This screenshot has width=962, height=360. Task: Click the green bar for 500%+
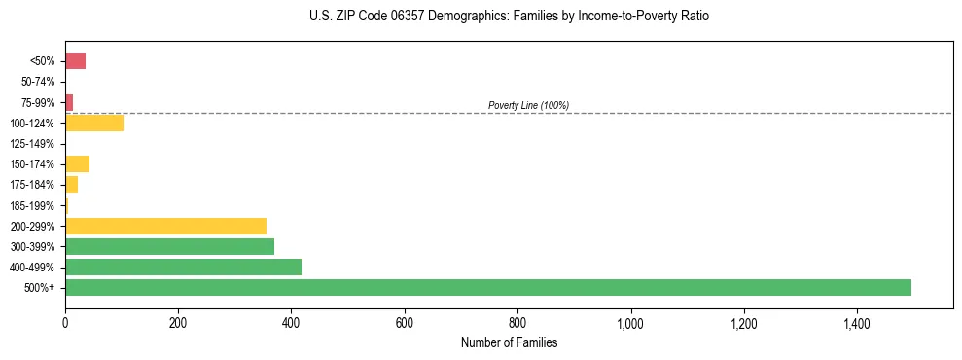(x=487, y=287)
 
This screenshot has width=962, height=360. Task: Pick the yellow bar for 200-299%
(x=165, y=226)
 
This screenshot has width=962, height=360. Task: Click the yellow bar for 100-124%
(x=94, y=123)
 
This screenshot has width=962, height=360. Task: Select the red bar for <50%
(x=75, y=61)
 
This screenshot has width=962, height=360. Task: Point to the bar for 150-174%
(x=77, y=163)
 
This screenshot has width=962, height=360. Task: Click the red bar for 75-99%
(x=69, y=102)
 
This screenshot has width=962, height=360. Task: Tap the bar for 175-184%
(x=71, y=184)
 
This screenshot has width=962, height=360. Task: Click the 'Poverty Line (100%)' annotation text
(x=528, y=105)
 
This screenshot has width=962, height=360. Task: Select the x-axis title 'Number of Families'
(x=509, y=342)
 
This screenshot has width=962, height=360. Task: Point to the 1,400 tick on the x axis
(x=857, y=322)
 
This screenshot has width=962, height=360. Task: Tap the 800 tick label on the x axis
(x=517, y=322)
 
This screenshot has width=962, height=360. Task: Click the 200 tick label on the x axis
(x=178, y=322)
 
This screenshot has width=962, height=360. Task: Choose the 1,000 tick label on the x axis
(x=630, y=322)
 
